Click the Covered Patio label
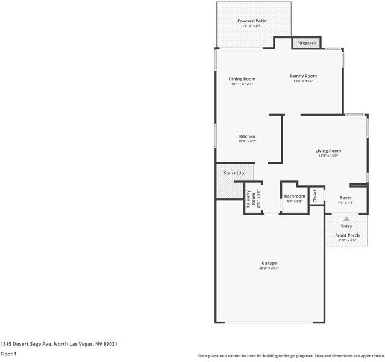pos(252,21)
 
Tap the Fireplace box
pos(306,43)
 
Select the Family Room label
pos(303,76)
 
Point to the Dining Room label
pos(242,79)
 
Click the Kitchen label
pos(247,136)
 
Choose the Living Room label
pos(328,151)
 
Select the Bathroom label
pos(295,196)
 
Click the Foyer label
pos(346,197)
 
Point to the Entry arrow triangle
pos(346,219)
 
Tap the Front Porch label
pos(347,235)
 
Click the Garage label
pos(269,263)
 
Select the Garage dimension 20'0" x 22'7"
pos(269,268)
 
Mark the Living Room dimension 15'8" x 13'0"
pos(328,156)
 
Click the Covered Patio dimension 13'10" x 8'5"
pos(252,26)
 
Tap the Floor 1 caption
pos(8,354)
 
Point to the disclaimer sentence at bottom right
pos(291,355)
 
